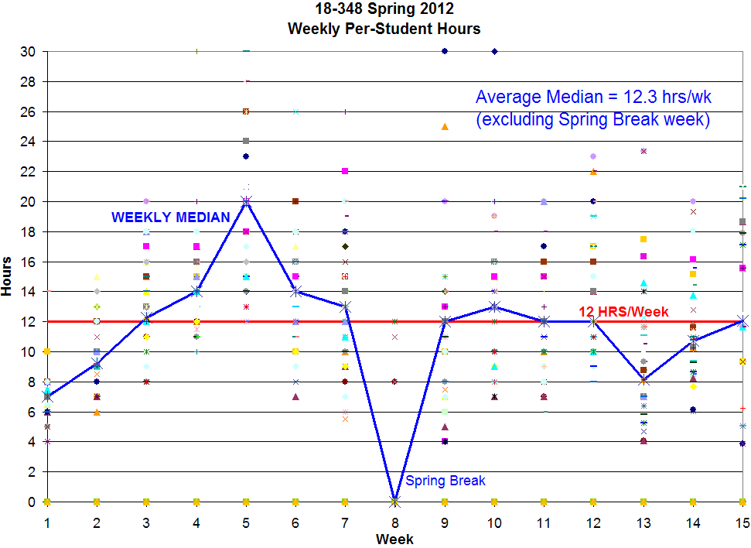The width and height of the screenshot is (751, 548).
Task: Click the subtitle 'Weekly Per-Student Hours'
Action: point(384,29)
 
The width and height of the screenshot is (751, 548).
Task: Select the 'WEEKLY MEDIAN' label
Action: point(171,217)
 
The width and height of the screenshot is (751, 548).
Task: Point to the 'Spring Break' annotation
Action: point(445,481)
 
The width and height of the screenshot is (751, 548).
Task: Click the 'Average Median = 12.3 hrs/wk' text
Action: point(593,98)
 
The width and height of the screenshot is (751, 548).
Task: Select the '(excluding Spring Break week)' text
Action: point(593,120)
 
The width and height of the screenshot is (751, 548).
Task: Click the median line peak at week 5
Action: point(246,201)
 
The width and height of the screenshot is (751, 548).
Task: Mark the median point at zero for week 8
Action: point(395,502)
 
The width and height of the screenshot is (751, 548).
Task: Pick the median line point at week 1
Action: point(48,396)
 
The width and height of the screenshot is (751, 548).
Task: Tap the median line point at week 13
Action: point(643,380)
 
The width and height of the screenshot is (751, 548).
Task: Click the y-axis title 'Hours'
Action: point(8,276)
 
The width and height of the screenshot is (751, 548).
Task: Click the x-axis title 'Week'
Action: point(394,539)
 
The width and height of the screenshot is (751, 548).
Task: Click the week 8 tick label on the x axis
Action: point(395,522)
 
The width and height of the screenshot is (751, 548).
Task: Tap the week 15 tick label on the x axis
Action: point(742,522)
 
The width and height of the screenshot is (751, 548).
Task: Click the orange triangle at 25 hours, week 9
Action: point(445,126)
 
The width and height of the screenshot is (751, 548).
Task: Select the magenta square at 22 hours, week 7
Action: point(345,171)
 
